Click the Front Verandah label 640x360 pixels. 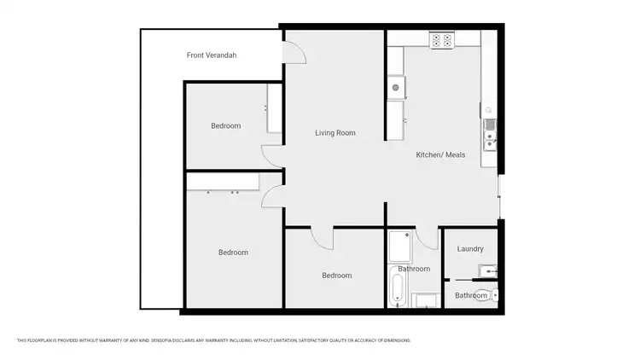(x=212, y=55)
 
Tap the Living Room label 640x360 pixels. (x=335, y=133)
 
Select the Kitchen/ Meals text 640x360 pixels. (x=440, y=155)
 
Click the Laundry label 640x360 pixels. (x=470, y=249)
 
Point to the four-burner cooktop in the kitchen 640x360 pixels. (x=441, y=39)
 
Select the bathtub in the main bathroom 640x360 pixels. (x=397, y=287)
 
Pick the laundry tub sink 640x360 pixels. (x=486, y=271)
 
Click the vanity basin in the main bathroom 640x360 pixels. (x=424, y=299)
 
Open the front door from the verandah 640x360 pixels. (x=293, y=53)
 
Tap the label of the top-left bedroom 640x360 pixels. (x=226, y=126)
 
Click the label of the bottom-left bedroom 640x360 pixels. (x=233, y=253)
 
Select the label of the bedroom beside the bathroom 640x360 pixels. (x=336, y=276)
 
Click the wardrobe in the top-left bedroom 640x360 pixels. (x=274, y=108)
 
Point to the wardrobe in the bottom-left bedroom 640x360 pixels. (x=223, y=181)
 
